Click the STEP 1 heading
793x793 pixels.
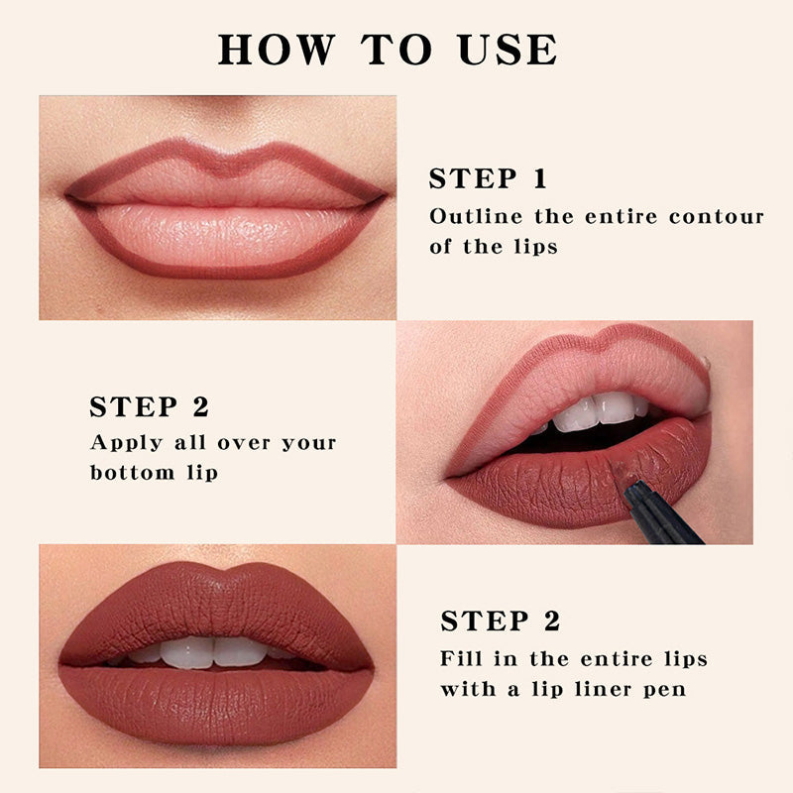pyautogui.click(x=488, y=179)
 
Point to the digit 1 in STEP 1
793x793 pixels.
pyautogui.click(x=538, y=179)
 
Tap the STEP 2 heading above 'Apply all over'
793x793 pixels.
pyautogui.click(x=149, y=407)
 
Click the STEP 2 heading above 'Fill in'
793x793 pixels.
pyautogui.click(x=501, y=622)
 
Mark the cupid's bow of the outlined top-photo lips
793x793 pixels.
pyautogui.click(x=227, y=159)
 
